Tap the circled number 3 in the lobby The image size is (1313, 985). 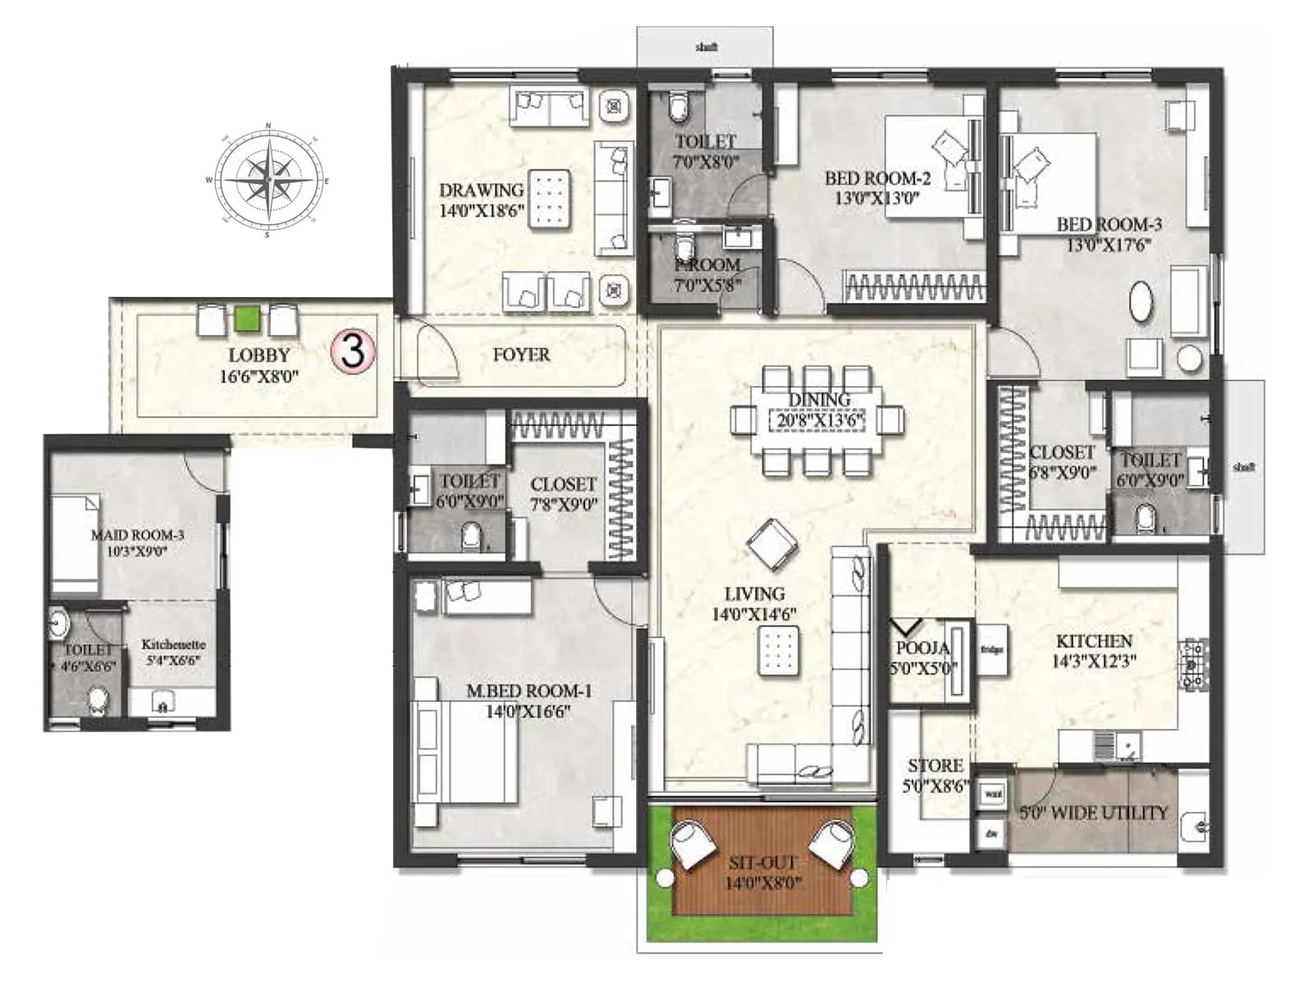point(353,351)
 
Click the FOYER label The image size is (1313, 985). point(521,355)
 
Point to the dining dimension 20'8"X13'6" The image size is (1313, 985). point(818,421)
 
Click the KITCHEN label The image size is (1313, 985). point(1094,641)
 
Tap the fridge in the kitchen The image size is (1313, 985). point(992,650)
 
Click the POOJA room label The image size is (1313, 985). point(922,648)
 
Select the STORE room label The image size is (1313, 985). point(935,766)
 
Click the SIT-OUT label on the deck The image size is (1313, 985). point(763,863)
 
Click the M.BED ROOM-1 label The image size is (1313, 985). point(528,691)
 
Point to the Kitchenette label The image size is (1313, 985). point(173,644)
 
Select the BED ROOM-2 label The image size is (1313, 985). point(876,178)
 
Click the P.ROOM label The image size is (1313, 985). point(707,265)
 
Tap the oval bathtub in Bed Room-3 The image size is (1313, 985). point(1141,302)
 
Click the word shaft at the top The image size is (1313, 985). point(706,47)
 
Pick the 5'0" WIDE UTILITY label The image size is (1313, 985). point(1093,813)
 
